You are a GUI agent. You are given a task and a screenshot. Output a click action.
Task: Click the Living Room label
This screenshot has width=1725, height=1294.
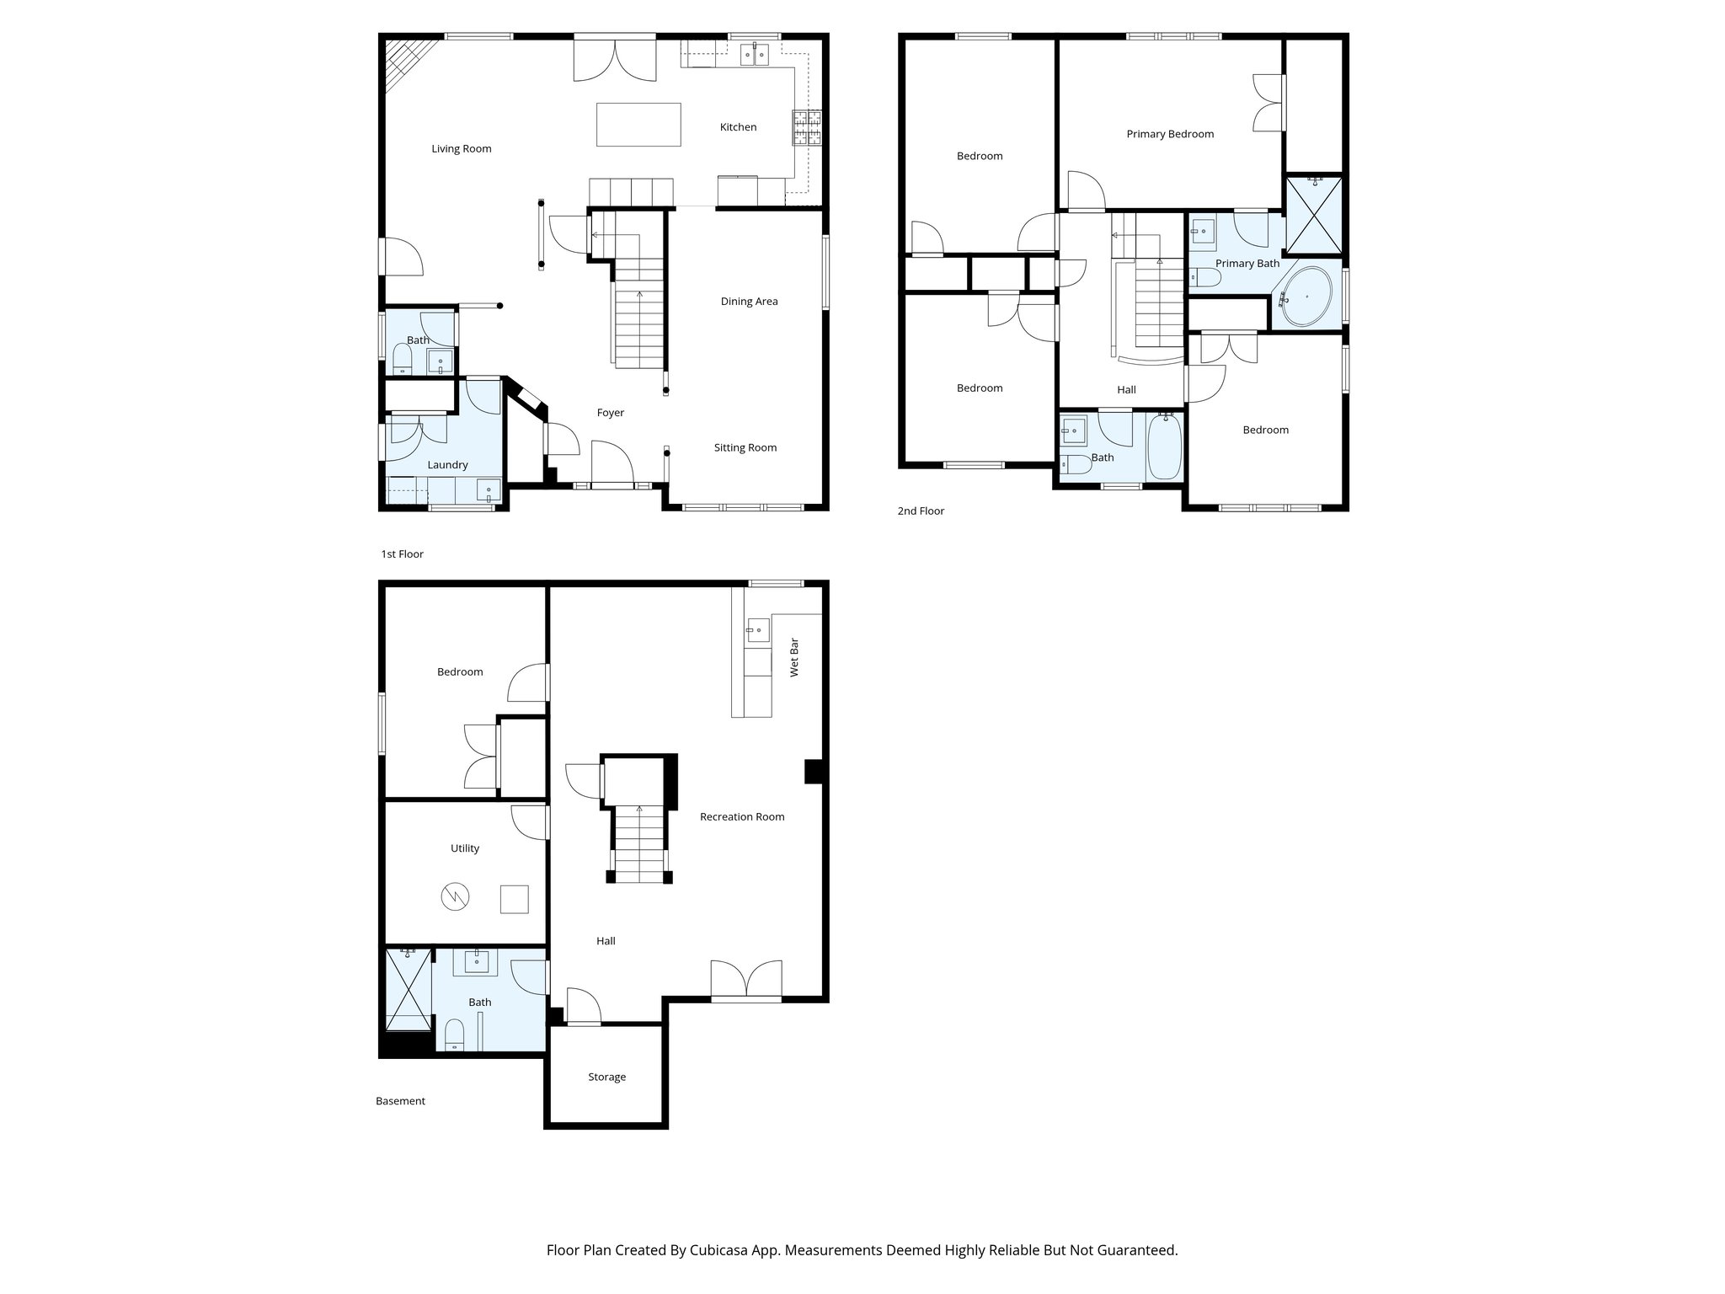461,149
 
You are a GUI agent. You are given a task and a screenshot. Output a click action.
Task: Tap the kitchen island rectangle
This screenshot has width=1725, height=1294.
638,125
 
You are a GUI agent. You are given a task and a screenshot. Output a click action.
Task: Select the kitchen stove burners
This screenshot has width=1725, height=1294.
807,129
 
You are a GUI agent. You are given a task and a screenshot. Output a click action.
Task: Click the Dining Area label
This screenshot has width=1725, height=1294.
749,302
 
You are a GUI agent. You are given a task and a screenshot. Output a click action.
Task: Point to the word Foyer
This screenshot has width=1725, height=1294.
611,413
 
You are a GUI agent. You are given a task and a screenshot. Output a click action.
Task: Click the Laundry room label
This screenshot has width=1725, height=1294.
447,465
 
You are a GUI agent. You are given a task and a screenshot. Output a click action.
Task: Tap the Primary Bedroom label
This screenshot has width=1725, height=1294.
1170,134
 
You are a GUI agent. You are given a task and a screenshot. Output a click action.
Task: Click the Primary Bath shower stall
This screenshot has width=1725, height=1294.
1314,216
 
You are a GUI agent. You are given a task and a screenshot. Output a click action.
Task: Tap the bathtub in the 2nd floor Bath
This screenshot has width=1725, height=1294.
1165,446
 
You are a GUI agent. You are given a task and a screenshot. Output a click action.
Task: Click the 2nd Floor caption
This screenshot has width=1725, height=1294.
921,511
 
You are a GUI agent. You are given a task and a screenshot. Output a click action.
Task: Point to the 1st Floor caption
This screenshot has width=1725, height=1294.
402,554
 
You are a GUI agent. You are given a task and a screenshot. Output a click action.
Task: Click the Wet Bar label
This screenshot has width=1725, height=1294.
794,657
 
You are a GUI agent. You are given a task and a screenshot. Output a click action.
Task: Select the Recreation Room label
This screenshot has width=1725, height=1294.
742,816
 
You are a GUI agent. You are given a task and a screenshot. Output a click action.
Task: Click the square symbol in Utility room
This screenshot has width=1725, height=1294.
514,899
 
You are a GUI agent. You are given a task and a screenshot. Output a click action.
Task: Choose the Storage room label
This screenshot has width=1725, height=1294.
606,1077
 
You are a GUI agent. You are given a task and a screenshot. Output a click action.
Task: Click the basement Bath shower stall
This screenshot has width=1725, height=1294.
409,989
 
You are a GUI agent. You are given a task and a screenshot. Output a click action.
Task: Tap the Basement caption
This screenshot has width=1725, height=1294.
400,1101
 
